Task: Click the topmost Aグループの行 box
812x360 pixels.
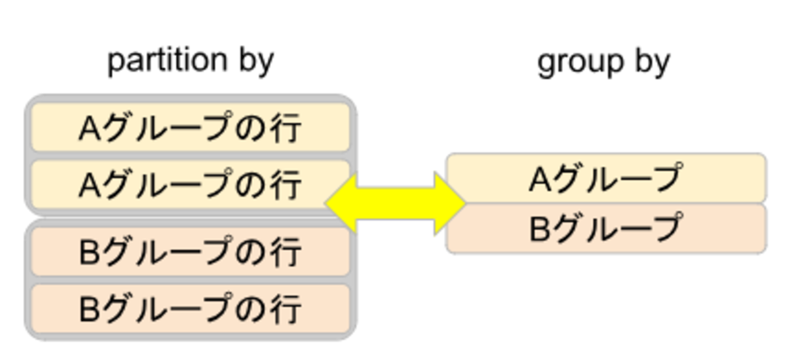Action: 190,128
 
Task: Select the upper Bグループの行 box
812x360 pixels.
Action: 190,252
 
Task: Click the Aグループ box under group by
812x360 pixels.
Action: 606,178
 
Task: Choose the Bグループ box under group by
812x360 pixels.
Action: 606,228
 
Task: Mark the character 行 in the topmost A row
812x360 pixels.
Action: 286,129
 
